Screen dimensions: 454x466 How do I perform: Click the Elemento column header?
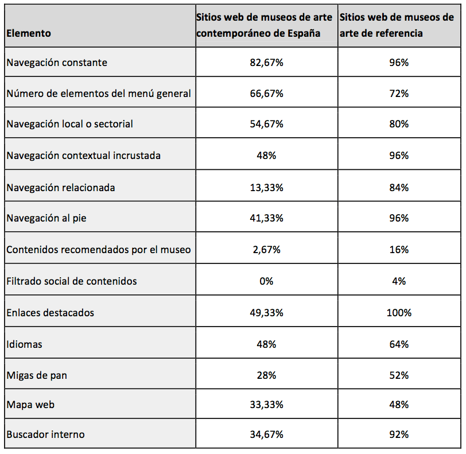pos(29,33)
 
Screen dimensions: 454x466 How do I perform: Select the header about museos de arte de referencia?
pos(397,25)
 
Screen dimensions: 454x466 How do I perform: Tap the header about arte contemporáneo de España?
pos(264,25)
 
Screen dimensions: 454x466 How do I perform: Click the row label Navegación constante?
pos(57,63)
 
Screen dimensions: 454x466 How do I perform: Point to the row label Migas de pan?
pos(37,375)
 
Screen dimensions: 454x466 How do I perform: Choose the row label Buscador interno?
pos(45,434)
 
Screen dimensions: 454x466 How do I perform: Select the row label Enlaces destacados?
pos(50,313)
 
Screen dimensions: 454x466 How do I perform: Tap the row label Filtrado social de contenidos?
pos(72,281)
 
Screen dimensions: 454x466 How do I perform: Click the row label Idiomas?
pos(24,344)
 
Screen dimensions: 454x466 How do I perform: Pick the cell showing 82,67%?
pos(266,63)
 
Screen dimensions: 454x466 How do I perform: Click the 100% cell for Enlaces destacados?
pos(399,313)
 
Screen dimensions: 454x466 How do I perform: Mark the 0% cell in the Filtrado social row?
pos(266,281)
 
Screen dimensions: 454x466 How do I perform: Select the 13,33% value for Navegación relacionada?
pos(266,187)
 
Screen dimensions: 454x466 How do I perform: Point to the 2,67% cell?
pos(266,250)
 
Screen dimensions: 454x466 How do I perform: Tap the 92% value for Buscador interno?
pos(399,434)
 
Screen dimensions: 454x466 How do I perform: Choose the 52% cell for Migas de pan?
pos(399,375)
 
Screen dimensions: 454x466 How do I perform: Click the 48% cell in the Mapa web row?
pos(399,405)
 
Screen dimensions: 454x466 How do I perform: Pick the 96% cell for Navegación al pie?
pos(399,218)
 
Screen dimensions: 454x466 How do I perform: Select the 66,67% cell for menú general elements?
pos(266,93)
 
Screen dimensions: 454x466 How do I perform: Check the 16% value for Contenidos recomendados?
pos(399,250)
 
